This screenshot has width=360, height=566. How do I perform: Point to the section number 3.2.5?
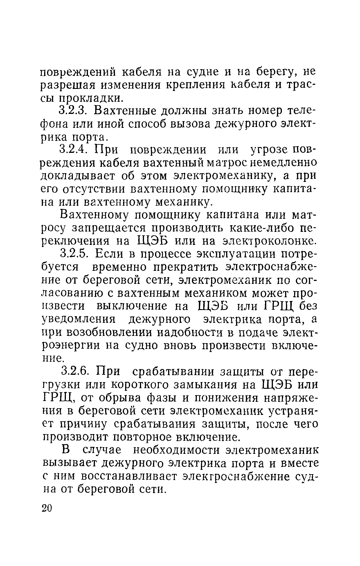coord(75,254)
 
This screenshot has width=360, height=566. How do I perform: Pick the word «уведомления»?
coord(79,320)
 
